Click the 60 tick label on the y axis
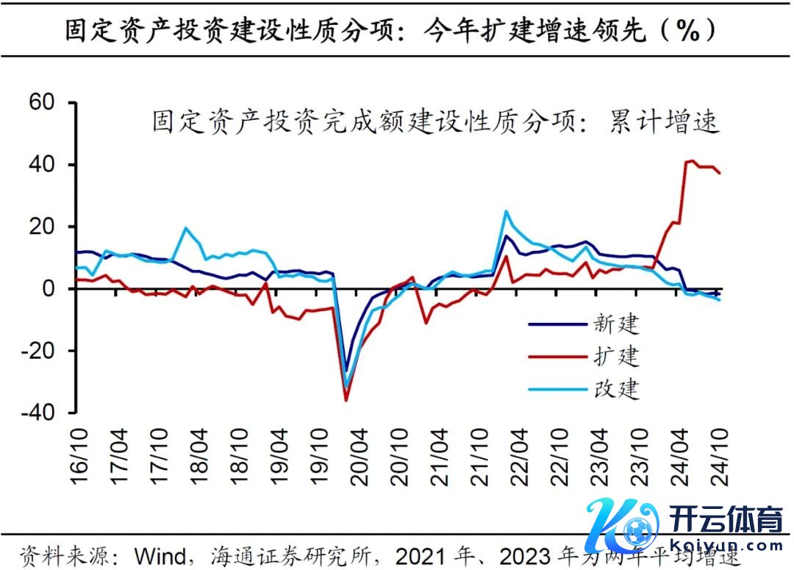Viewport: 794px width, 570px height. [x=43, y=103]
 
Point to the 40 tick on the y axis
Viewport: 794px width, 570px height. [x=43, y=165]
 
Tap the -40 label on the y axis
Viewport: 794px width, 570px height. [x=38, y=413]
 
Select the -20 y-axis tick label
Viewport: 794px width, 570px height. [x=38, y=352]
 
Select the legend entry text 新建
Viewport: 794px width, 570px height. [x=617, y=324]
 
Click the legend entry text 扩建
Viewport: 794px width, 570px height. [x=617, y=357]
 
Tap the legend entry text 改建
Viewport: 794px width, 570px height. [x=617, y=388]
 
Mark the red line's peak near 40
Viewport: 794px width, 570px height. [x=692, y=160]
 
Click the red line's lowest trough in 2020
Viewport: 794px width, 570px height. [x=346, y=400]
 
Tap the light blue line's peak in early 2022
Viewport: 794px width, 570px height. [x=506, y=211]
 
